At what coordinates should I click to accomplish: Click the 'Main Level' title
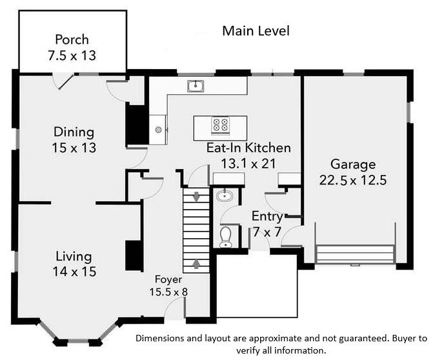(x=256, y=31)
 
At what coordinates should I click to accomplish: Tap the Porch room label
(x=72, y=39)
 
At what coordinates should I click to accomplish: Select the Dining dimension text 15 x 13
(x=74, y=148)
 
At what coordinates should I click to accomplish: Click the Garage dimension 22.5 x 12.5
(x=352, y=180)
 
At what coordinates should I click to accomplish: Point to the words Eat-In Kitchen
(x=248, y=148)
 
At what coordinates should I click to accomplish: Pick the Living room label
(x=74, y=256)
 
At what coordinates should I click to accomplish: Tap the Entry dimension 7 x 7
(x=267, y=231)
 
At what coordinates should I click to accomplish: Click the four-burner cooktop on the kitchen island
(x=220, y=125)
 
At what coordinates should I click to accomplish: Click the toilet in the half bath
(x=226, y=237)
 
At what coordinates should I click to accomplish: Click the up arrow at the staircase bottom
(x=196, y=264)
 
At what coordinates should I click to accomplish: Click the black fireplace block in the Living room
(x=134, y=255)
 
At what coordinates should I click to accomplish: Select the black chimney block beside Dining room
(x=136, y=124)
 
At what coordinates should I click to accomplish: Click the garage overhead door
(x=354, y=254)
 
